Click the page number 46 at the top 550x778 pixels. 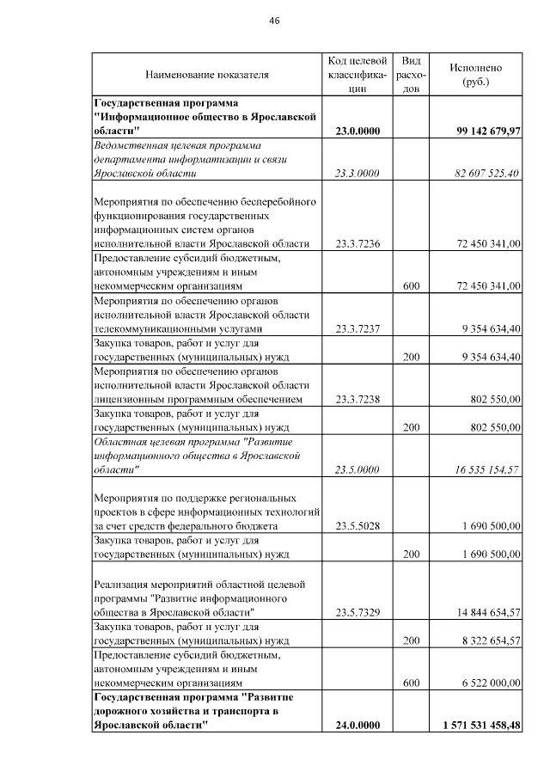pos(274,21)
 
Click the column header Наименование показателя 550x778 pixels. pos(207,75)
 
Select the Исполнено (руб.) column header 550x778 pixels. pos(475,74)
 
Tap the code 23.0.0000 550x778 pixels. pos(357,131)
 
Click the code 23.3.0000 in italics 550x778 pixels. pos(357,174)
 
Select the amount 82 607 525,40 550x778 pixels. pos(487,174)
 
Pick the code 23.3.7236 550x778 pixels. pos(357,244)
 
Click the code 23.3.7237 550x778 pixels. pos(357,328)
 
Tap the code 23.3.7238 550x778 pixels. pos(357,399)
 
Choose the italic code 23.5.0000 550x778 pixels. pos(357,469)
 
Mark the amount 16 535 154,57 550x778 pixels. pos(487,469)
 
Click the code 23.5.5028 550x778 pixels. pos(357,525)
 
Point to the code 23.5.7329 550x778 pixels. pos(357,612)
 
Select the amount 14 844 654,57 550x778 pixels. pos(487,612)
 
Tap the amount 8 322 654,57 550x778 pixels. pos(487,640)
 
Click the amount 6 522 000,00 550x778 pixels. pos(487,683)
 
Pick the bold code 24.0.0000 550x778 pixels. pos(357,726)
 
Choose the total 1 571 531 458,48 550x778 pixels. pos(482,726)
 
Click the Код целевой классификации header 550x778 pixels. pos(357,74)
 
